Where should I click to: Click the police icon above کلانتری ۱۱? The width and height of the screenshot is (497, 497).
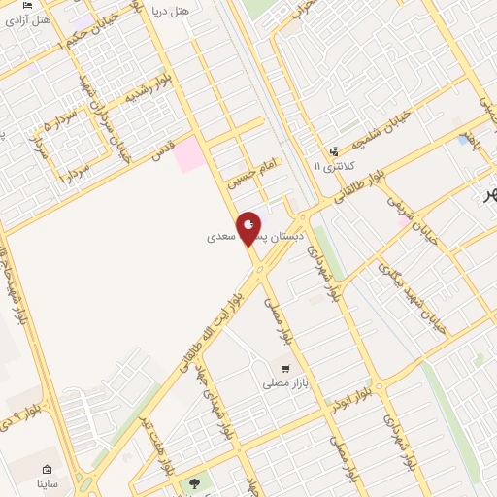(x=334, y=150)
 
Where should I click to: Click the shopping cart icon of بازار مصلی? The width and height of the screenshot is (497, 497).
(x=285, y=368)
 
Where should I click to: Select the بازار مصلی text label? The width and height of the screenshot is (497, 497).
(x=284, y=384)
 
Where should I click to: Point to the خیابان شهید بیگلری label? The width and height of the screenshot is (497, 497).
(x=414, y=288)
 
